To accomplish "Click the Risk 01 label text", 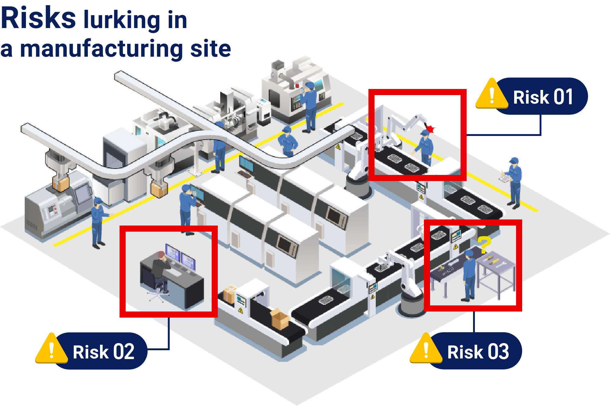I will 543,97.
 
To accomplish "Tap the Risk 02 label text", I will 103,352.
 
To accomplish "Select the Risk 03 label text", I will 478,352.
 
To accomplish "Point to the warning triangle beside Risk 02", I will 52,351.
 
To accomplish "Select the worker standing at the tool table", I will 469,276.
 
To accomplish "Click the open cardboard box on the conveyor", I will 280,319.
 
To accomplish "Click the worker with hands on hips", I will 287,142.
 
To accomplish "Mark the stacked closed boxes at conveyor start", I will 230,294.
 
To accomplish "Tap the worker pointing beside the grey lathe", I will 98,223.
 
